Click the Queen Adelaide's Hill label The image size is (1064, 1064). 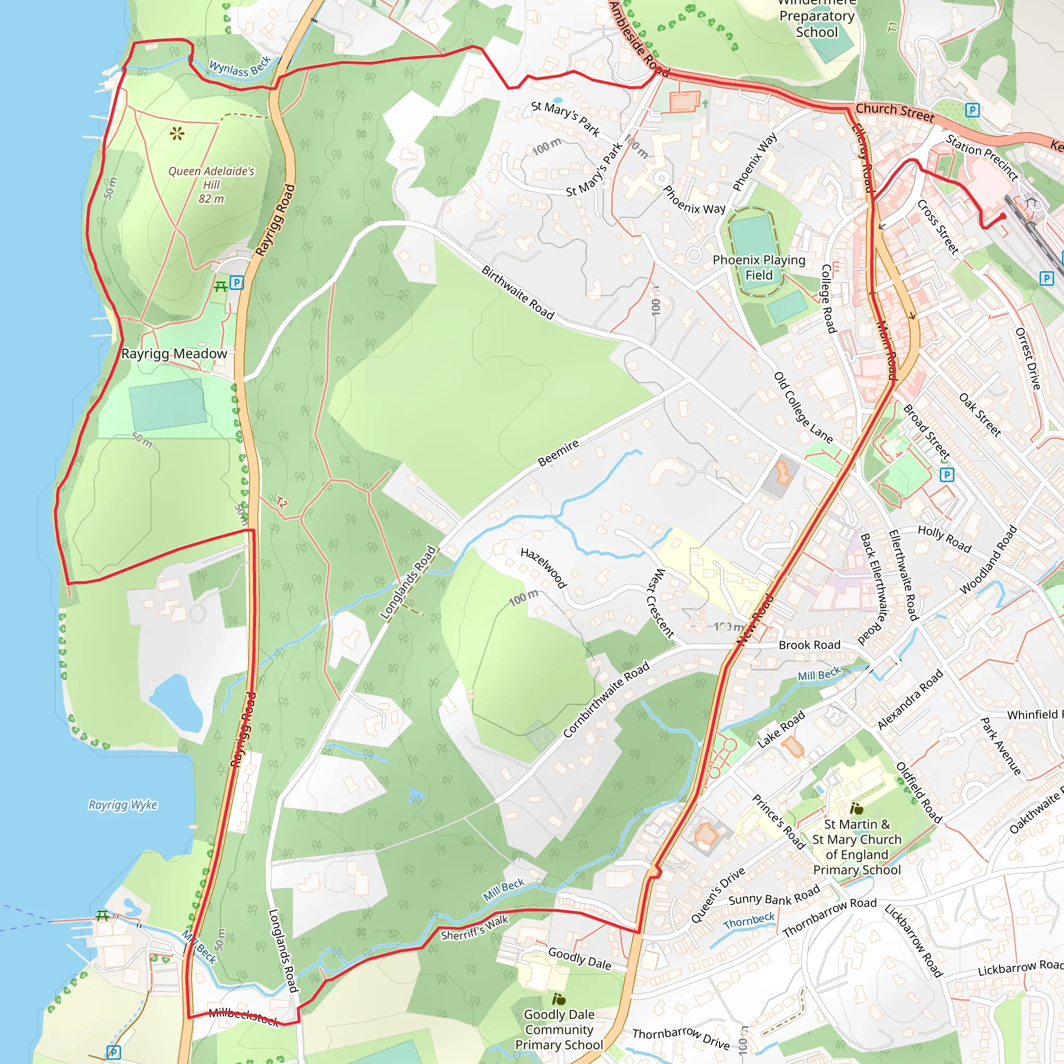[x=211, y=184]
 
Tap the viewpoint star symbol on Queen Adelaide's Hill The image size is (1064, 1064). [x=177, y=134]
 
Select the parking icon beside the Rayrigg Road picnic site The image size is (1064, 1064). [x=236, y=283]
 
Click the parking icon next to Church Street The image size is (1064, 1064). [x=972, y=110]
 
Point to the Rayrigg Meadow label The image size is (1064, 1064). [x=174, y=354]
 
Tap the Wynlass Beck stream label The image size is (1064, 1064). [x=240, y=66]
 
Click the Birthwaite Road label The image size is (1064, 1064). [x=517, y=292]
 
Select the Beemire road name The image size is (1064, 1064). [x=558, y=453]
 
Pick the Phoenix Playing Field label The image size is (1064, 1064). [x=759, y=267]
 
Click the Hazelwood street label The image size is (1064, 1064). [x=543, y=568]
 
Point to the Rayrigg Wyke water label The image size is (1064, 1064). [x=123, y=805]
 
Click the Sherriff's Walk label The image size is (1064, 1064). [x=475, y=927]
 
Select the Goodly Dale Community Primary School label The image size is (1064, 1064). [x=559, y=1029]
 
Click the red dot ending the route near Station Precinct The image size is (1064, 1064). [x=1003, y=217]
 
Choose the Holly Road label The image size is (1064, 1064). [x=944, y=539]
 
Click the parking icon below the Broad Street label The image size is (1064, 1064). [x=947, y=474]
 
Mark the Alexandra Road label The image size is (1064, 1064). [x=910, y=699]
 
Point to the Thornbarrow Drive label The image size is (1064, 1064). [x=681, y=1038]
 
